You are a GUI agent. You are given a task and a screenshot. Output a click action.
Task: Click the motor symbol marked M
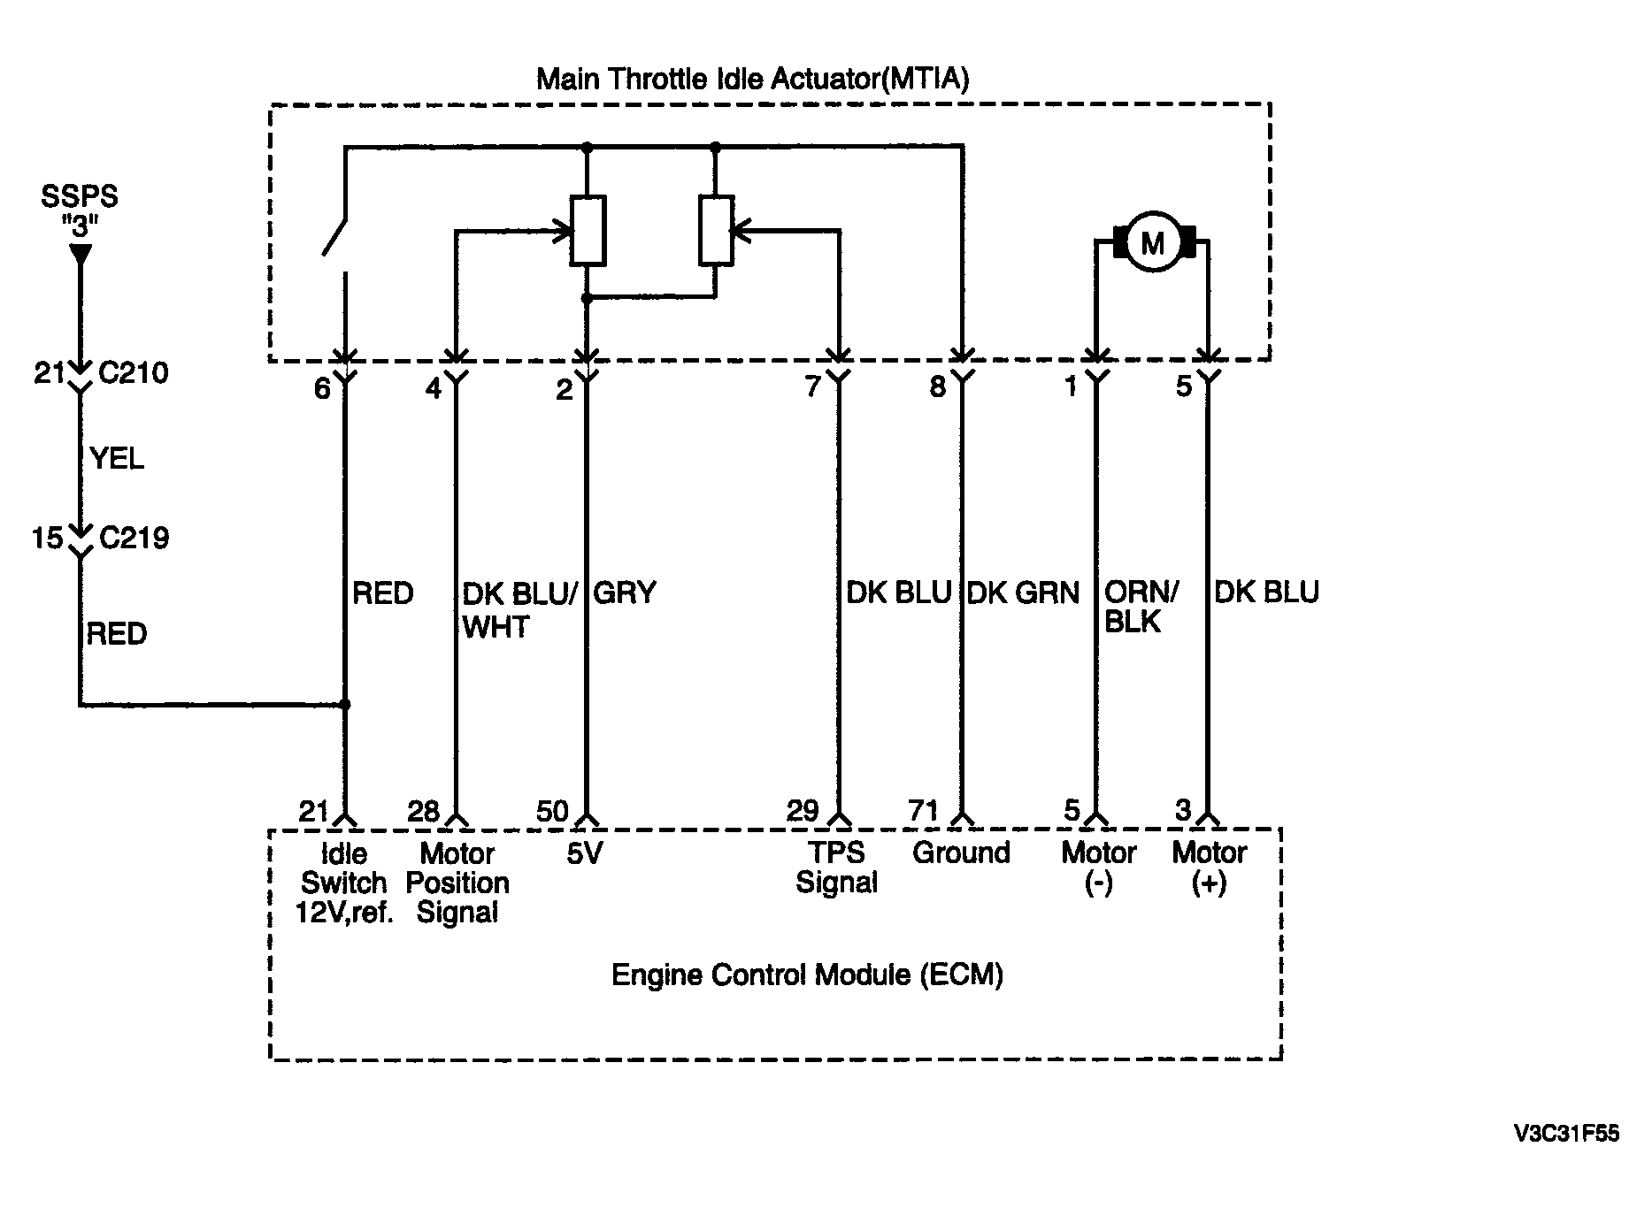pyautogui.click(x=1153, y=241)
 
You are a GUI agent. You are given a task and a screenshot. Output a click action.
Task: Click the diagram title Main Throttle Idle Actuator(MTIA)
pyautogui.click(x=753, y=80)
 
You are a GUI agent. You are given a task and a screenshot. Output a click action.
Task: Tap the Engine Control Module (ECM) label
pyautogui.click(x=807, y=975)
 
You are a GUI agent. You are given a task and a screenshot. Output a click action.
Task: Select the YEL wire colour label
pyautogui.click(x=117, y=458)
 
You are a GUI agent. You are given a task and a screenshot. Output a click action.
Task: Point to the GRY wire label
pyautogui.click(x=625, y=593)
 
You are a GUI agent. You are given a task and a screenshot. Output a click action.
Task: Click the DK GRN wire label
pyautogui.click(x=1023, y=593)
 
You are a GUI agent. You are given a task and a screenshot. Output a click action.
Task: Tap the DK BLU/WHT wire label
pyautogui.click(x=519, y=610)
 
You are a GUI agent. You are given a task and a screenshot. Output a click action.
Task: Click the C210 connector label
pyautogui.click(x=134, y=373)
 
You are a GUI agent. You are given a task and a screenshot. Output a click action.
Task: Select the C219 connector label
pyautogui.click(x=134, y=539)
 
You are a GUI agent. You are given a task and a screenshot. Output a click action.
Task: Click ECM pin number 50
pyautogui.click(x=553, y=811)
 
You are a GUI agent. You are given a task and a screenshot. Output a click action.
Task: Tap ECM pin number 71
pyautogui.click(x=925, y=811)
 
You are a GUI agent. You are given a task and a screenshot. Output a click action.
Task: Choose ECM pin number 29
pyautogui.click(x=803, y=811)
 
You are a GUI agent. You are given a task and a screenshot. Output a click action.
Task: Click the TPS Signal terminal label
pyautogui.click(x=837, y=868)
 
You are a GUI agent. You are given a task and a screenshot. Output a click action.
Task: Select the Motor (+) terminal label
pyautogui.click(x=1210, y=868)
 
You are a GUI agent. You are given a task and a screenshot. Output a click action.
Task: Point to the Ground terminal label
pyautogui.click(x=961, y=853)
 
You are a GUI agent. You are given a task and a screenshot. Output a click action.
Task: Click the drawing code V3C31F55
pyautogui.click(x=1566, y=1133)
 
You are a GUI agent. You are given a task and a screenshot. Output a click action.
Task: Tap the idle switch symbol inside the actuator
pyautogui.click(x=335, y=235)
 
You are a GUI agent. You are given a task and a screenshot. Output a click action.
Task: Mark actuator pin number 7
pyautogui.click(x=812, y=387)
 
